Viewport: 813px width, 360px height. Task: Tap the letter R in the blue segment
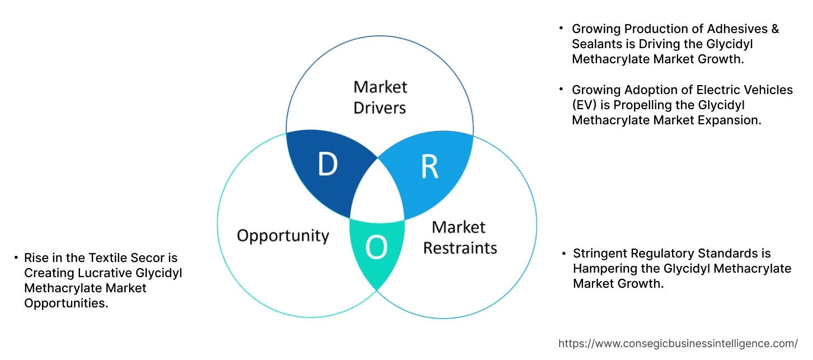pos(429,166)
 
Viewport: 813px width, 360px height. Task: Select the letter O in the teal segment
pos(376,248)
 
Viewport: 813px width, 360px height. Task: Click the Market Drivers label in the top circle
pos(380,97)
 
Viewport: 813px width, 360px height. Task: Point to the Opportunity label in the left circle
pos(283,235)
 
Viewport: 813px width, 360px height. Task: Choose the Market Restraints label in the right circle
pos(459,237)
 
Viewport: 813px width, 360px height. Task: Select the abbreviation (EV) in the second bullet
pos(585,105)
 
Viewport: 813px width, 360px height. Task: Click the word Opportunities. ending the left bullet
pos(66,303)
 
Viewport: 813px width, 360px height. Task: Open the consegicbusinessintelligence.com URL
pos(678,344)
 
